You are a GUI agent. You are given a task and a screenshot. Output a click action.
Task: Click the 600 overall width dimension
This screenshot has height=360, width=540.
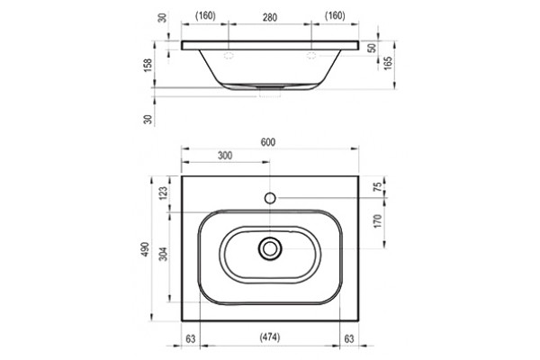pos(268,142)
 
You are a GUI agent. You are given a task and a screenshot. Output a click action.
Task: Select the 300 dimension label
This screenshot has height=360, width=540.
pos(225,156)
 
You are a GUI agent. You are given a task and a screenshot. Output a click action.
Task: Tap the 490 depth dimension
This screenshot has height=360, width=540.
pos(145,248)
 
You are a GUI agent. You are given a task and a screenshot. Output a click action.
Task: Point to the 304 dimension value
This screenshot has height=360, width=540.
pos(164,254)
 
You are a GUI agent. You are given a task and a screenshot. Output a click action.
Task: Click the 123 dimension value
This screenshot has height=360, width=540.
pos(163,193)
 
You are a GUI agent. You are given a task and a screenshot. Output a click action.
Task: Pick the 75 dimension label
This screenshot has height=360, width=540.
pos(378,186)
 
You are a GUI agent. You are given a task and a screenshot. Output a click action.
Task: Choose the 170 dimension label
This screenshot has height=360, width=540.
pos(378,221)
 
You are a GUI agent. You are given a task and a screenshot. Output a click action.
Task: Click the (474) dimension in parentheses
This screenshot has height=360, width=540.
pos(270,337)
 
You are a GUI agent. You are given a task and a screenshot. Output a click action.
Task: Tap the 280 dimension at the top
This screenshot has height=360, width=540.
pos(270,17)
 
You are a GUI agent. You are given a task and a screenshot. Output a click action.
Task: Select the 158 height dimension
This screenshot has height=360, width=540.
pos(148,65)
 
